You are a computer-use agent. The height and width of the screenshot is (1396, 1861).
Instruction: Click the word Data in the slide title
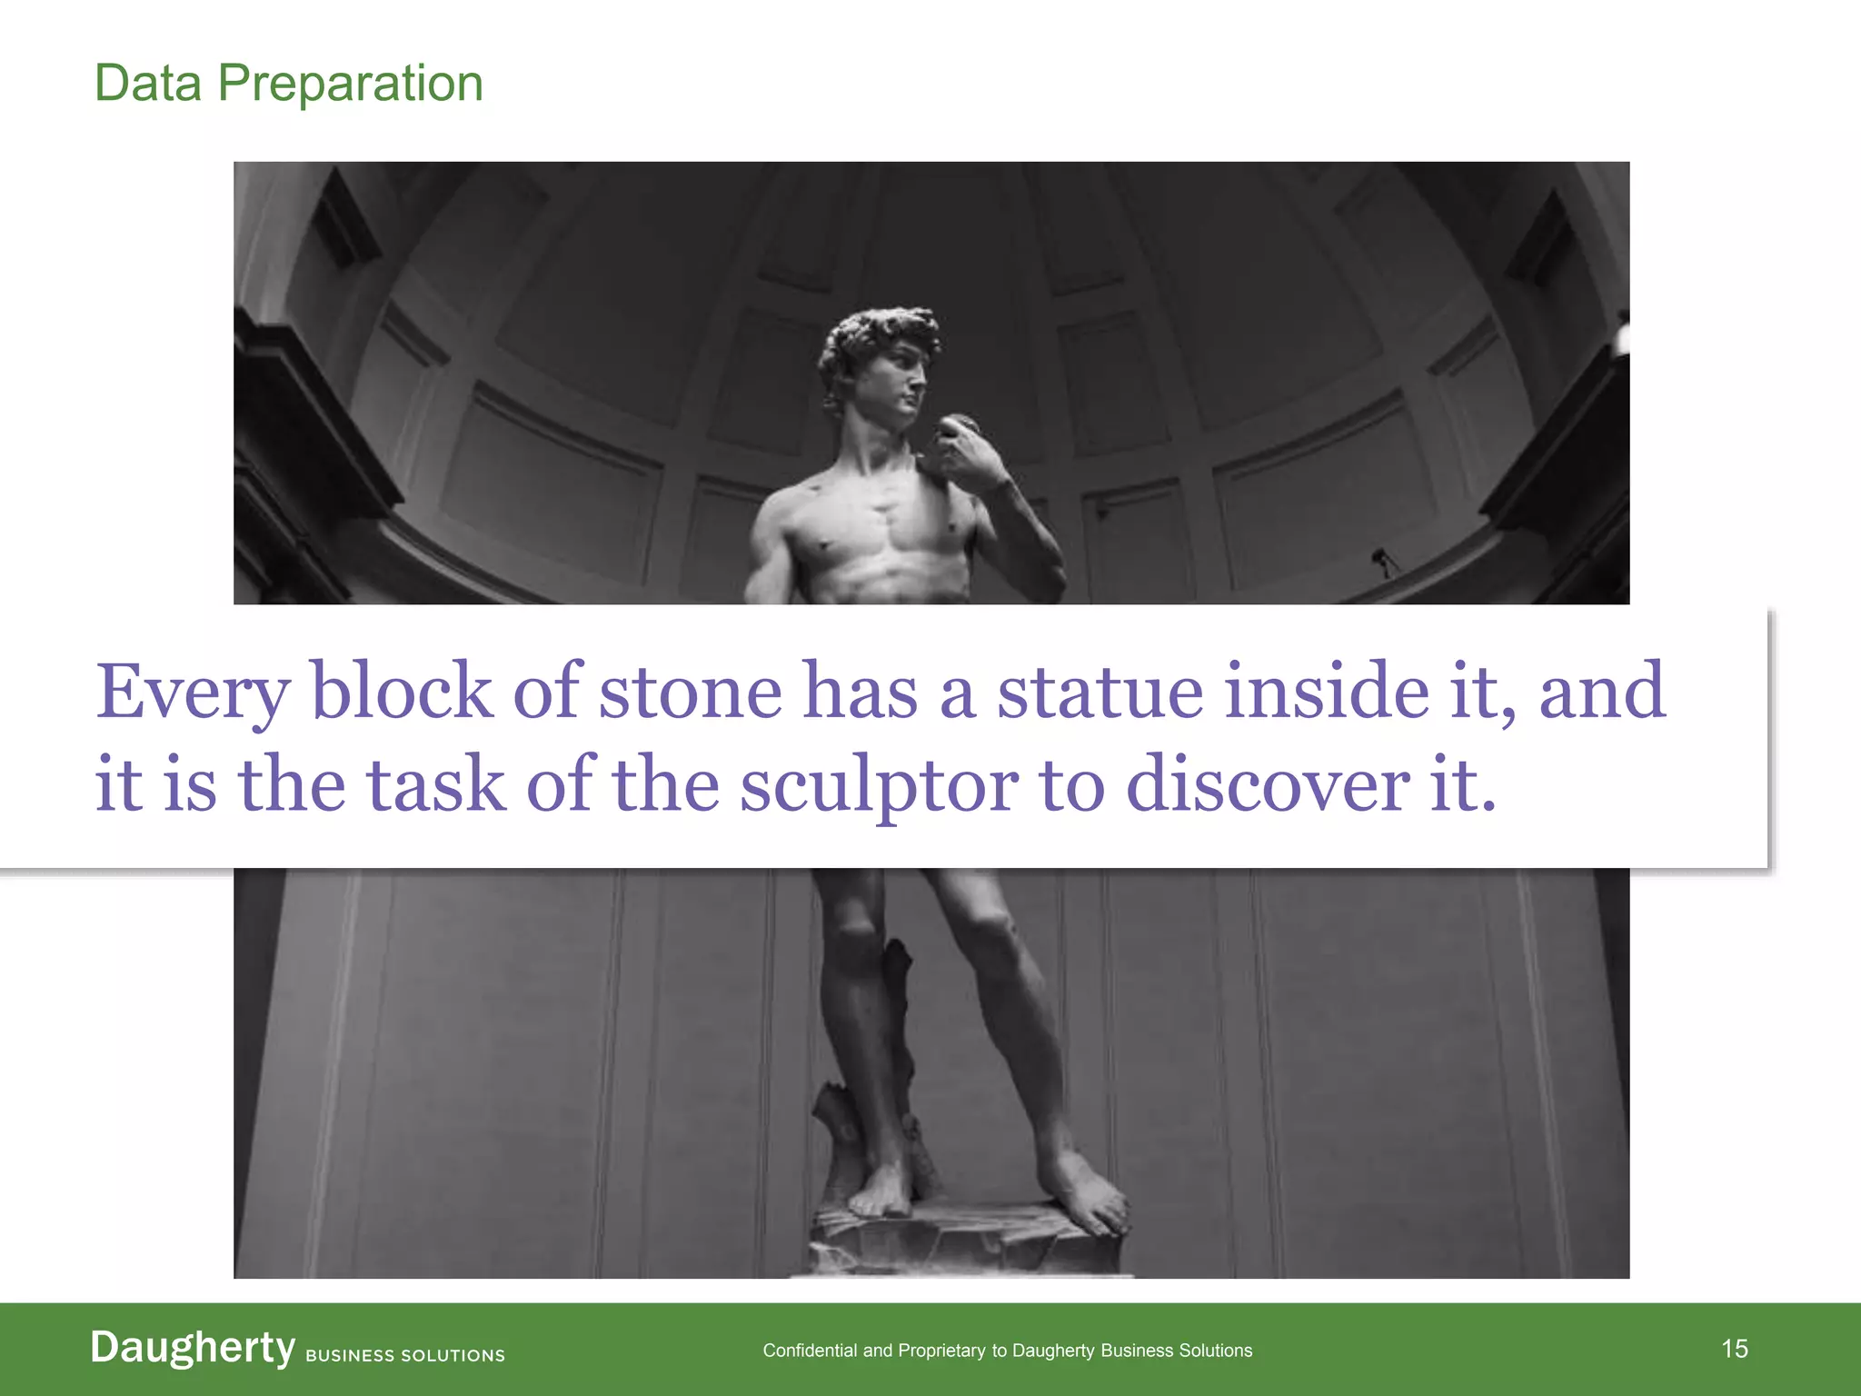pyautogui.click(x=148, y=84)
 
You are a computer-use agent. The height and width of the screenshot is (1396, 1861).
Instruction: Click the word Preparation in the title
pyautogui.click(x=350, y=84)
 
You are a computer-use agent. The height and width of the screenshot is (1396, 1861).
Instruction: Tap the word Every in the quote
pyautogui.click(x=193, y=693)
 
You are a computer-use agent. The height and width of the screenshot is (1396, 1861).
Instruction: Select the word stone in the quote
pyautogui.click(x=690, y=693)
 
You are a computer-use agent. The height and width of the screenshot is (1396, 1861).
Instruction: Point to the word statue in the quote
pyautogui.click(x=1100, y=693)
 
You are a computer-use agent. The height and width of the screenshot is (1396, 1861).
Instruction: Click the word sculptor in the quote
pyautogui.click(x=879, y=784)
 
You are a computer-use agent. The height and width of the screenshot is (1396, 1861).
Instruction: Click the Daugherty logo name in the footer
pyautogui.click(x=193, y=1348)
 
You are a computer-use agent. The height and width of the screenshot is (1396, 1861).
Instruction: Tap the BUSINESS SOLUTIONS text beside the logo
pyautogui.click(x=405, y=1355)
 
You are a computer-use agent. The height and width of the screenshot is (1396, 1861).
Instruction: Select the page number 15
pyautogui.click(x=1735, y=1349)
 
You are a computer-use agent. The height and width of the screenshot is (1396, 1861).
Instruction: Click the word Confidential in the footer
pyautogui.click(x=810, y=1351)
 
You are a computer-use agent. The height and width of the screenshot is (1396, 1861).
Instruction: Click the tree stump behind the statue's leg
pyautogui.click(x=900, y=1000)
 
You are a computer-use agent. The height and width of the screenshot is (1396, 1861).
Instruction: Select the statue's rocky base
pyautogui.click(x=963, y=1241)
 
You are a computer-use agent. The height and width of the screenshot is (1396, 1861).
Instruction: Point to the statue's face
pyautogui.click(x=904, y=382)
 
